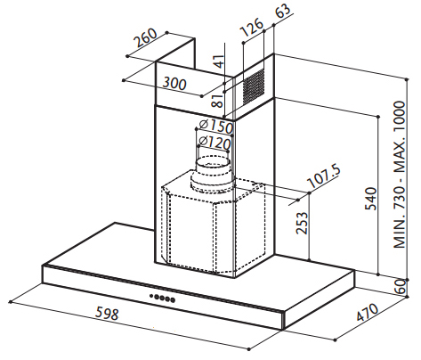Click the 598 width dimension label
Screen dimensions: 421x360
pos(107,313)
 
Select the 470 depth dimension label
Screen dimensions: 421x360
pos(368,313)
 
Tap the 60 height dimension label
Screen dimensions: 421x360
pos(401,286)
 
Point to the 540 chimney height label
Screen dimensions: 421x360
pos(370,199)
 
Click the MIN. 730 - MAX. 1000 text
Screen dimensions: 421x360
pos(399,175)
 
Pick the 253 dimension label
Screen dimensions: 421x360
pos(303,223)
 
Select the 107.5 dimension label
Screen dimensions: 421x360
pos(324,176)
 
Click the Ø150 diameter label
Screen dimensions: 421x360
pos(216,127)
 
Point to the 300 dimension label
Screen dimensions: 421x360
pos(174,83)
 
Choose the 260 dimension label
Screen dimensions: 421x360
pos(145,37)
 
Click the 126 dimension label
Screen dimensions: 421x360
pos(252,27)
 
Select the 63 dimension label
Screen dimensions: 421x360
pos(283,11)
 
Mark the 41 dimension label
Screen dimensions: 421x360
pos(219,61)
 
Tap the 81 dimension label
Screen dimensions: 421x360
pos(217,100)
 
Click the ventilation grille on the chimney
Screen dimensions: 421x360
pos(254,86)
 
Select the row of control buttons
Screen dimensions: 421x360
pos(162,298)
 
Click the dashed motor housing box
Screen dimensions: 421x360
pos(213,225)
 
